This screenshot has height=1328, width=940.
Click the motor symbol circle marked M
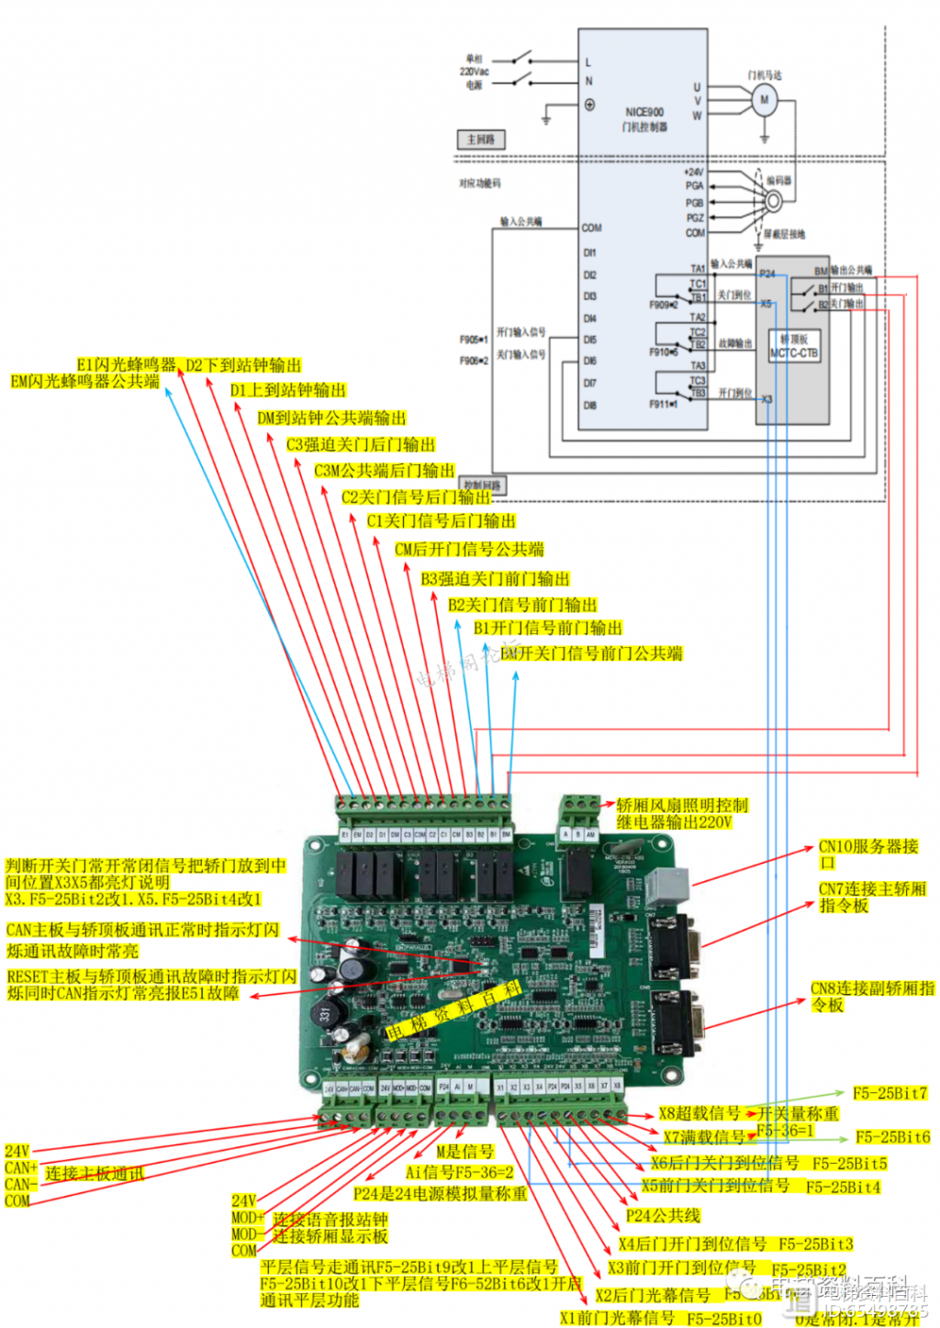(764, 99)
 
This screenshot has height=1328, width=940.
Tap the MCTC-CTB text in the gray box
(793, 352)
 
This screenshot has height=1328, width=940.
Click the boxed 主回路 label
(480, 139)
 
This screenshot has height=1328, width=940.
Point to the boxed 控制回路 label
(483, 485)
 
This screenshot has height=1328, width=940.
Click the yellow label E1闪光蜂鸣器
(126, 364)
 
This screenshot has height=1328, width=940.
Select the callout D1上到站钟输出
(287, 390)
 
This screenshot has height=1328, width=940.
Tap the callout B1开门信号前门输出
(547, 628)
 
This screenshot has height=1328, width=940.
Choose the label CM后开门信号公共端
(468, 549)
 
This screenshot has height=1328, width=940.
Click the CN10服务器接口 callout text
(867, 854)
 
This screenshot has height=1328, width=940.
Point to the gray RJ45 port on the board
(661, 887)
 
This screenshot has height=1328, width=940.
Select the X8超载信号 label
(699, 1112)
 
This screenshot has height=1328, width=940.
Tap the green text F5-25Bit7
(890, 1093)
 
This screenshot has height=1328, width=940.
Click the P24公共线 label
(663, 1215)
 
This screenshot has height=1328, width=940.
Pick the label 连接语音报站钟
(330, 1219)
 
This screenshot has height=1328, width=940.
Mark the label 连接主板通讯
(95, 1173)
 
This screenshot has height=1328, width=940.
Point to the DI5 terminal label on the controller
(589, 340)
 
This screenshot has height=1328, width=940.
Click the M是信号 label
(464, 1151)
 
